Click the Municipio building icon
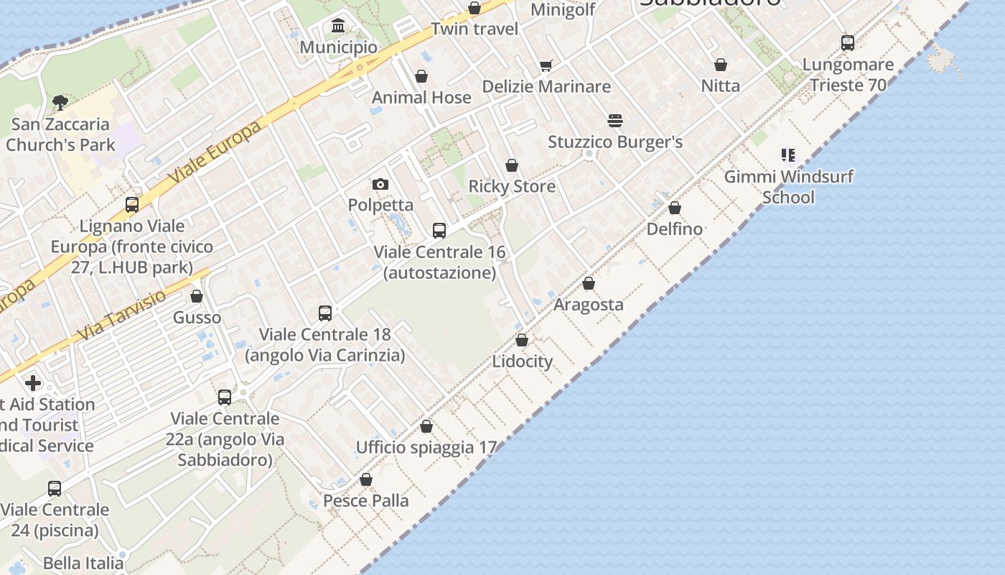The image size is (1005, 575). click(338, 27)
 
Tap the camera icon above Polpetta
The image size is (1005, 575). click(380, 185)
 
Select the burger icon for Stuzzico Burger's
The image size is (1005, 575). click(615, 120)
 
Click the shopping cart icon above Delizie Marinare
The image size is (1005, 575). click(546, 66)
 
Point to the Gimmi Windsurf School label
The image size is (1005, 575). click(788, 187)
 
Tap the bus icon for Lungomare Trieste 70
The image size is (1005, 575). click(848, 43)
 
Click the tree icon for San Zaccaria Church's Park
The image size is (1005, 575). click(60, 103)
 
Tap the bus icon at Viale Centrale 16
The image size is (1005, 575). click(439, 231)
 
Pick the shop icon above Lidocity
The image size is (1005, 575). click(522, 340)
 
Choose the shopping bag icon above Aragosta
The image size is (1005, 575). click(589, 284)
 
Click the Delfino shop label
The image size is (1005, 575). click(674, 229)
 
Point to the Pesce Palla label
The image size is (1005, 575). click(366, 501)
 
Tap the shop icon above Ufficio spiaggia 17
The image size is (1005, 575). click(426, 427)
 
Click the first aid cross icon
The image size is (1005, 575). click(33, 383)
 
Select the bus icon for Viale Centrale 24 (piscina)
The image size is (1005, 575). click(55, 489)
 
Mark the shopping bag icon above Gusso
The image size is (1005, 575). click(197, 296)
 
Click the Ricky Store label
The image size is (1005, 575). click(512, 187)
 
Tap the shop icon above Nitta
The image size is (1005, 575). click(721, 65)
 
